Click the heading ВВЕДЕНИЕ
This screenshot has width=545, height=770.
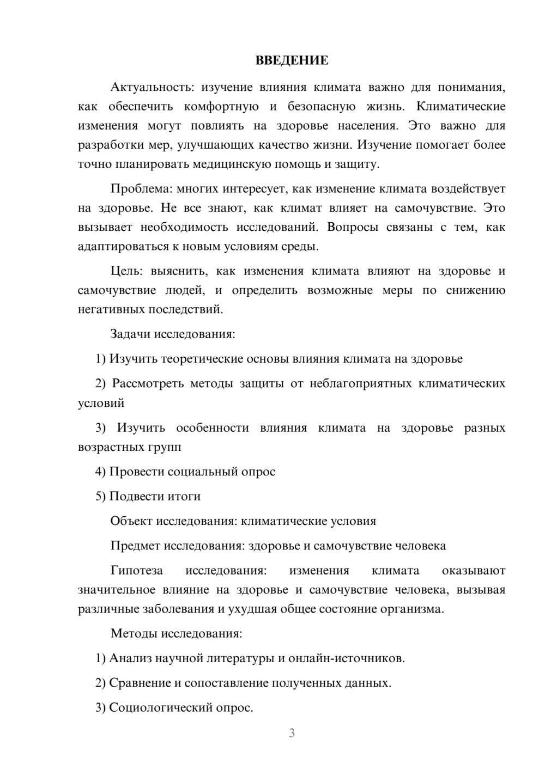click(x=292, y=60)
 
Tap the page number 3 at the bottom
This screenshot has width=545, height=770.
click(x=292, y=733)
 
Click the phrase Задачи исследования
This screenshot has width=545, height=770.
click(x=173, y=334)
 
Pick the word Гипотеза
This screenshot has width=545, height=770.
click(x=136, y=570)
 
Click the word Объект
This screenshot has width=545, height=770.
click(x=131, y=521)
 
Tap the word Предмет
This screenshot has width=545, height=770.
click(x=135, y=546)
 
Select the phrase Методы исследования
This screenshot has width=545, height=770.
click(x=176, y=633)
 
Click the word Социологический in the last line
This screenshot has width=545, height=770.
click(x=155, y=708)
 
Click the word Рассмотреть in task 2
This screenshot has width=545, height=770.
click(x=148, y=383)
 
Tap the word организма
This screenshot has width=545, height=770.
click(x=415, y=609)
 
